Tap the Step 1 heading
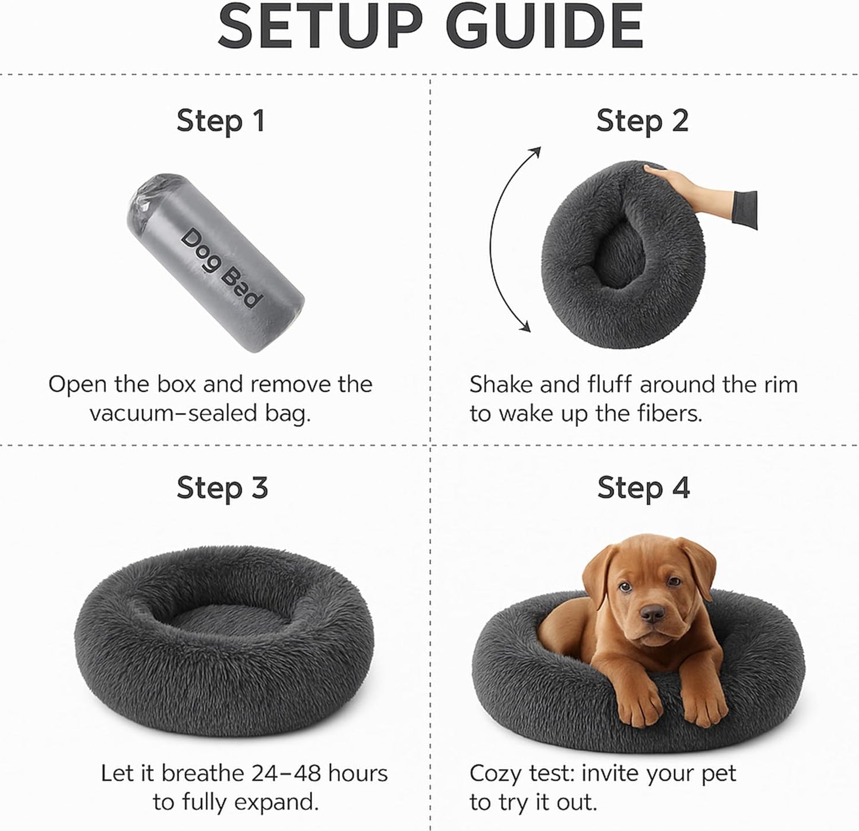[220, 121]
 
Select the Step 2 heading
[642, 121]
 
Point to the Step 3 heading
[222, 488]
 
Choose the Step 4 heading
[643, 488]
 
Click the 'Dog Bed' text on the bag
[221, 267]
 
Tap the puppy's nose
[653, 613]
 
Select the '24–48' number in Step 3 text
[287, 773]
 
